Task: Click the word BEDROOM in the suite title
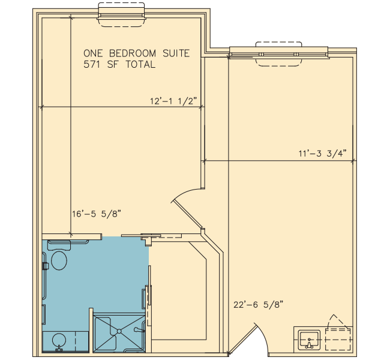click(x=133, y=53)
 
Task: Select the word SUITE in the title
click(x=176, y=53)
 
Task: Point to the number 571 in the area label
click(x=92, y=64)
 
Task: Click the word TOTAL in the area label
click(x=140, y=64)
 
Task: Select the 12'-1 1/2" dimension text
click(x=173, y=101)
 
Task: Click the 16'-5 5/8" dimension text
click(x=97, y=214)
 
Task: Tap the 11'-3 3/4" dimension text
click(x=323, y=153)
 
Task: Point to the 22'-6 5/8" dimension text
click(x=259, y=305)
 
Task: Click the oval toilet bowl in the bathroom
click(x=59, y=260)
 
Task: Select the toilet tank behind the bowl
click(x=59, y=245)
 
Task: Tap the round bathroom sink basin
click(x=59, y=340)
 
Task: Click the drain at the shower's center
click(x=119, y=331)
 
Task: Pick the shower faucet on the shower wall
click(x=139, y=330)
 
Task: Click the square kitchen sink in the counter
click(x=309, y=340)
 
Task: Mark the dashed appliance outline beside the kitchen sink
click(x=338, y=340)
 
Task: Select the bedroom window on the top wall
click(x=121, y=15)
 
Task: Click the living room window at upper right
click(x=279, y=54)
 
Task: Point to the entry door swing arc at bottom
click(x=263, y=338)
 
